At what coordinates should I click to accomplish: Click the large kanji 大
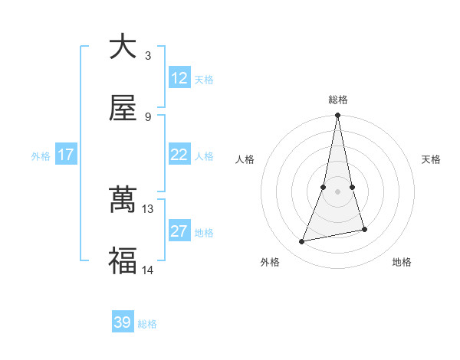coord(123,47)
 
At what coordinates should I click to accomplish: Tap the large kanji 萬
coord(123,201)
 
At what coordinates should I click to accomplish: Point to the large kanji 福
coord(123,262)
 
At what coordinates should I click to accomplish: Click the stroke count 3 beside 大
coord(148,55)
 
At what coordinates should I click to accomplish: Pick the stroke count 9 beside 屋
coord(148,116)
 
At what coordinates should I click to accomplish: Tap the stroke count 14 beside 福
coord(148,270)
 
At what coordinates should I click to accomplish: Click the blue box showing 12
coord(179,78)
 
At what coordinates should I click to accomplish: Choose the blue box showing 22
coord(179,155)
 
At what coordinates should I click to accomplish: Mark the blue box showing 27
coord(179,231)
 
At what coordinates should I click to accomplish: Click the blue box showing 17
coord(66,155)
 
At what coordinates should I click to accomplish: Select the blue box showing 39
coord(123,322)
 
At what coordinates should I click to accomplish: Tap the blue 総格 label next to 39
coord(147,324)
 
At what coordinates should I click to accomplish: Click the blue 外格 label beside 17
coord(41,156)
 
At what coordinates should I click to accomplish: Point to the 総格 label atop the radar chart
coord(337,100)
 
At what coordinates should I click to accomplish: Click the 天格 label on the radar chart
coord(432,159)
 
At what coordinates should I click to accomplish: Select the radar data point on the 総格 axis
coord(337,116)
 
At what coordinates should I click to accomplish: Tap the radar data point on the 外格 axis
coord(302,242)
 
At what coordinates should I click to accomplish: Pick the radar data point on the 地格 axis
coord(364,229)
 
